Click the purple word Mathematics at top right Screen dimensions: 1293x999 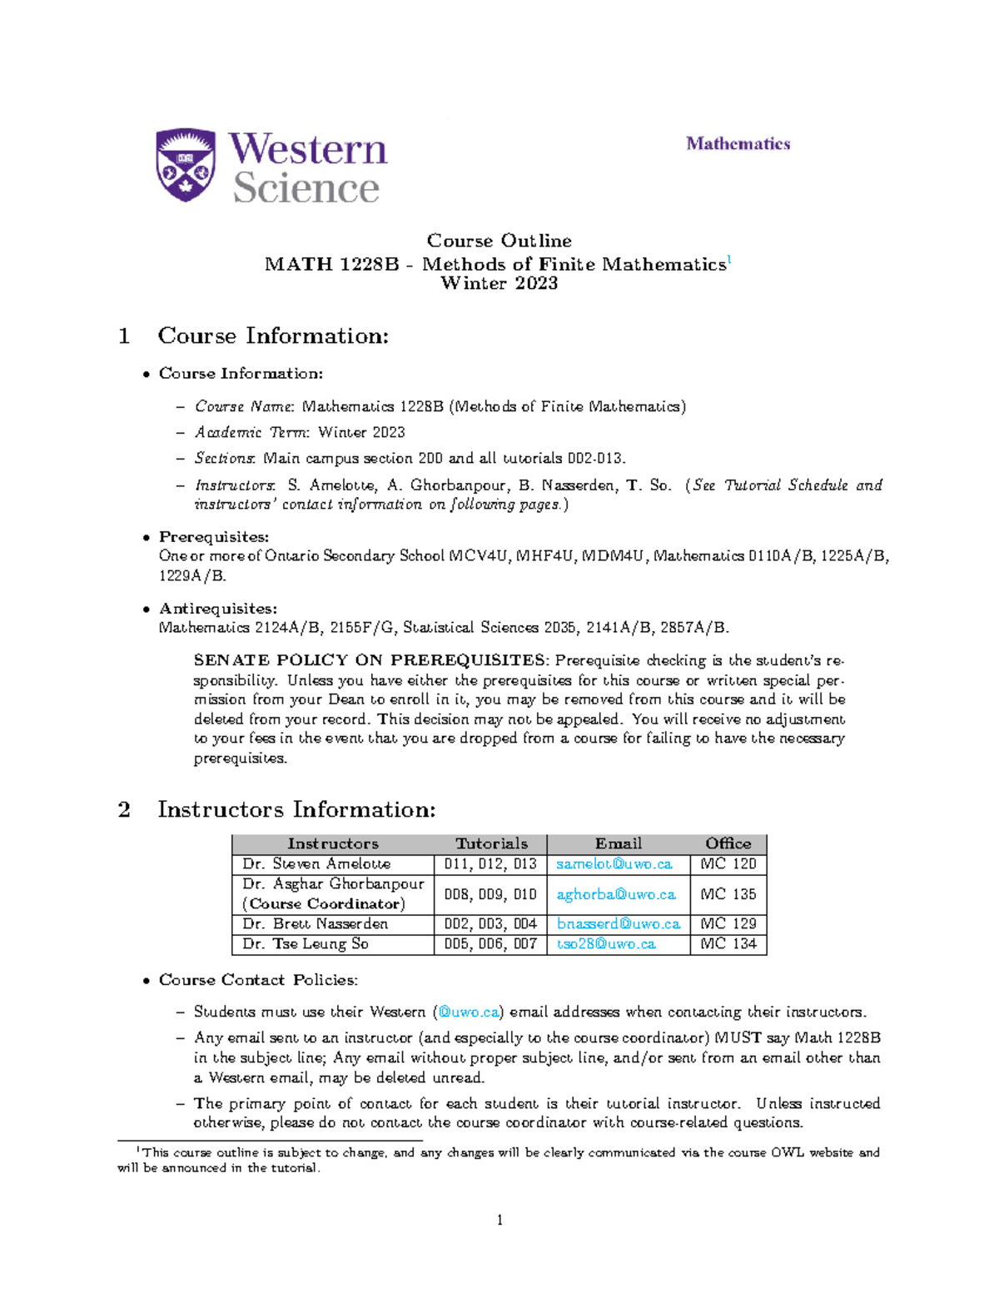click(x=738, y=143)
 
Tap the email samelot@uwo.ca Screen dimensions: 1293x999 click(x=614, y=864)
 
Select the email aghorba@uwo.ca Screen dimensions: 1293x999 click(x=615, y=894)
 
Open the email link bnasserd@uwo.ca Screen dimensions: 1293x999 click(x=618, y=924)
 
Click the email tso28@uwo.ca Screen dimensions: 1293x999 click(x=605, y=944)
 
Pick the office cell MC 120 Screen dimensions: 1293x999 click(x=728, y=864)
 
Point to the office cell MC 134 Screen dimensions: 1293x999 click(x=728, y=944)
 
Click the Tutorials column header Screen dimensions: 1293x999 click(x=491, y=843)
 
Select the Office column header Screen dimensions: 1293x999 click(x=728, y=843)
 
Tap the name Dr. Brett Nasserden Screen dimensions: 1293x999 click(x=315, y=924)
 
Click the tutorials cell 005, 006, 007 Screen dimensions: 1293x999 click(x=490, y=944)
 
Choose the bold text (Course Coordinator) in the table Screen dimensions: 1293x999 click(x=324, y=904)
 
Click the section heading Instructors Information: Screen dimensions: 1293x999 click(x=296, y=809)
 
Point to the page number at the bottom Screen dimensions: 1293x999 click(x=499, y=1221)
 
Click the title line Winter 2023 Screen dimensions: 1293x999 click(x=499, y=284)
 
